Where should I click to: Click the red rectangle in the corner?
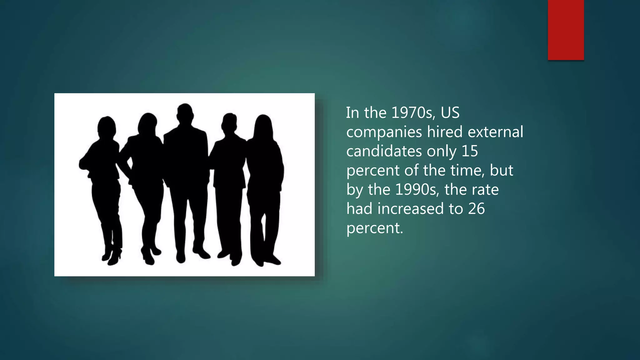tap(566, 30)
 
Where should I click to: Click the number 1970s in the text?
tap(412, 113)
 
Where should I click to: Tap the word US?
tap(450, 113)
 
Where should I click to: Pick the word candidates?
tap(384, 151)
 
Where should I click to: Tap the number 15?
tap(470, 151)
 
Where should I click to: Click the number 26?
tap(476, 209)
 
